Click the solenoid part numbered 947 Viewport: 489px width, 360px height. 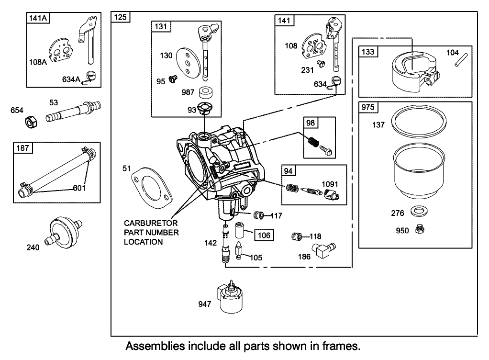click(231, 297)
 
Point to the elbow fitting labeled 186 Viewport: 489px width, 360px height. click(324, 250)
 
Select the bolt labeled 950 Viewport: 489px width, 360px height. click(420, 230)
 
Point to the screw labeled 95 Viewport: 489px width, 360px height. click(174, 81)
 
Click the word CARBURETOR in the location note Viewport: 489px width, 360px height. click(151, 223)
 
